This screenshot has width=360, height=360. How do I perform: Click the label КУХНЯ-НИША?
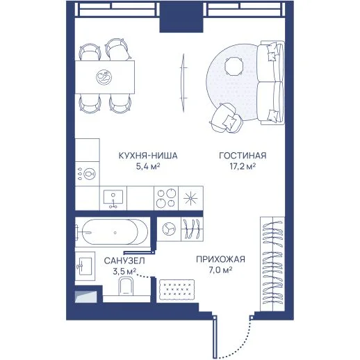point(148,156)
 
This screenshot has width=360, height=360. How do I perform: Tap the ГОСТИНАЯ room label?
point(243,156)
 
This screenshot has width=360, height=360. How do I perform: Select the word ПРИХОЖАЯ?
point(220,259)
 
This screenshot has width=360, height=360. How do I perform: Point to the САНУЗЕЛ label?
point(124,261)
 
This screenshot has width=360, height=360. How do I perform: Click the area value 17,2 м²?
point(243,166)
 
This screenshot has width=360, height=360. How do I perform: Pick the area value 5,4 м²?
point(148,166)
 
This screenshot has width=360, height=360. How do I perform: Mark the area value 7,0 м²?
point(220,270)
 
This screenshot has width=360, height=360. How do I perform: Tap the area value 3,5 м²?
point(124,271)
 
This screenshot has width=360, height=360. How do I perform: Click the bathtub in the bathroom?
point(112,232)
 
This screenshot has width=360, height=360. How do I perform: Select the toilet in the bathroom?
point(126,287)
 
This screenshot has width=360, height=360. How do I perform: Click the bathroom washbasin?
point(85,266)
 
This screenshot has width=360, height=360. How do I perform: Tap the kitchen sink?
point(113,198)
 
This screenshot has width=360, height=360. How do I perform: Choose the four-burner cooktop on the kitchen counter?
point(166,198)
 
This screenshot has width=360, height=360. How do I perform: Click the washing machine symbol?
point(169,229)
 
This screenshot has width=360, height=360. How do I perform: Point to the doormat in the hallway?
point(177,290)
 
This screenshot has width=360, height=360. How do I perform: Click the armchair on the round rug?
point(226,118)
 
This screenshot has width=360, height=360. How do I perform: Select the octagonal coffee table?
point(234,67)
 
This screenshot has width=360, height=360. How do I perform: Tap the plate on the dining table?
point(104,77)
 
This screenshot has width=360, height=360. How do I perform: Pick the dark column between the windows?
point(181,17)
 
